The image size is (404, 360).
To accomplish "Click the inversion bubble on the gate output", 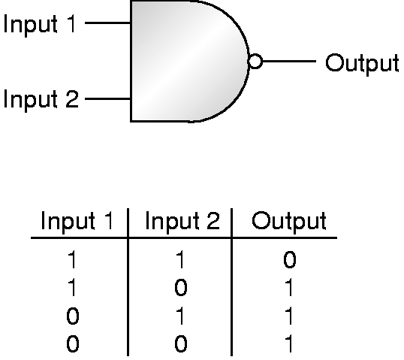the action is (255, 62).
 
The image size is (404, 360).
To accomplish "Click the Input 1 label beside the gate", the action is (40, 24).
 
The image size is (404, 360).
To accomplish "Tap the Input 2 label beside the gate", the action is (41, 99).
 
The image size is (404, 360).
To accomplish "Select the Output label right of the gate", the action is (362, 63).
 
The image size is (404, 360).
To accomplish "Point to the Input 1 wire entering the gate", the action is (107, 23).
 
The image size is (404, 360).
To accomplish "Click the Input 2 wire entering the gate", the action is (107, 98).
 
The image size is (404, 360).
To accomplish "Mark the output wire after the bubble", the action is (289, 61).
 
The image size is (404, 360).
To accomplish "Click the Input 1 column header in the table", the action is (77, 221).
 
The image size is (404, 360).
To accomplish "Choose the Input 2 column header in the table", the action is (182, 221).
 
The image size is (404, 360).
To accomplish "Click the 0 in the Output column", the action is (290, 260).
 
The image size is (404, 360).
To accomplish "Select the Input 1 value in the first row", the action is (72, 260).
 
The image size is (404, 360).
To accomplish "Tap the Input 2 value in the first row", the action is (181, 260).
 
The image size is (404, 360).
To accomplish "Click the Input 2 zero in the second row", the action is (181, 288).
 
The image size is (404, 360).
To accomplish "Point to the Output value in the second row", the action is (289, 288).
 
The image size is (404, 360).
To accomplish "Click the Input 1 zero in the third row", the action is (73, 316).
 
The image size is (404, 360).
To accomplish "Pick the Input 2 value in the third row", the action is (181, 316).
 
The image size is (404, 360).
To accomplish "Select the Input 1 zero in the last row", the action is (73, 343).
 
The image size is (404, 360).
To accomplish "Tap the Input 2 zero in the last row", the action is (181, 343).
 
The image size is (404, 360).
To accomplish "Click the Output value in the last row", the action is (289, 343).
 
